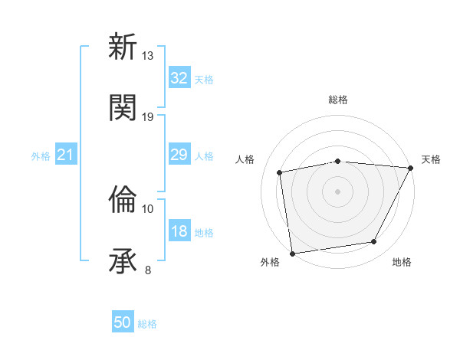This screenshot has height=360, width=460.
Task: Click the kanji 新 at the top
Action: point(123,47)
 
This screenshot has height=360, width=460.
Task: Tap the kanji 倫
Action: point(123,201)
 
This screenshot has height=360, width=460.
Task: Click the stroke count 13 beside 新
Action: point(148,56)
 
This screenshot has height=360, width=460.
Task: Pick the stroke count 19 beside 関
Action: point(148,116)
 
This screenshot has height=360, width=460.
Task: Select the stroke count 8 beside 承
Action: point(148,269)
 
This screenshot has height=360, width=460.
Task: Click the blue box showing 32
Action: point(179,78)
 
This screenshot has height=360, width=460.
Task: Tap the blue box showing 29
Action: point(179,155)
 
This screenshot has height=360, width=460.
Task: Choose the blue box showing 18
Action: point(179,231)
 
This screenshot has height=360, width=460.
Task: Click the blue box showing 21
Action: point(66,155)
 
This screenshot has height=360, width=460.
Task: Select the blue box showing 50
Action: point(123,322)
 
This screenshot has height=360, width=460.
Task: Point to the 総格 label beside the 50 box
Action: point(147,324)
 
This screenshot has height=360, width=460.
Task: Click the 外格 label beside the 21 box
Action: point(41,156)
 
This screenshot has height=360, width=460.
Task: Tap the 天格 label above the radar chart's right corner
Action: point(431,159)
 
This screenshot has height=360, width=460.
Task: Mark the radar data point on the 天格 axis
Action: point(411,168)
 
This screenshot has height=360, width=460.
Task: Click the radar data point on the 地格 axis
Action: point(374,242)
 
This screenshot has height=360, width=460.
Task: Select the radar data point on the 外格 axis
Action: point(292,253)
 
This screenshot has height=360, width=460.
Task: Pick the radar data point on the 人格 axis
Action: point(280,172)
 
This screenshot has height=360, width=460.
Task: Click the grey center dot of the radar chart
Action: point(337,191)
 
